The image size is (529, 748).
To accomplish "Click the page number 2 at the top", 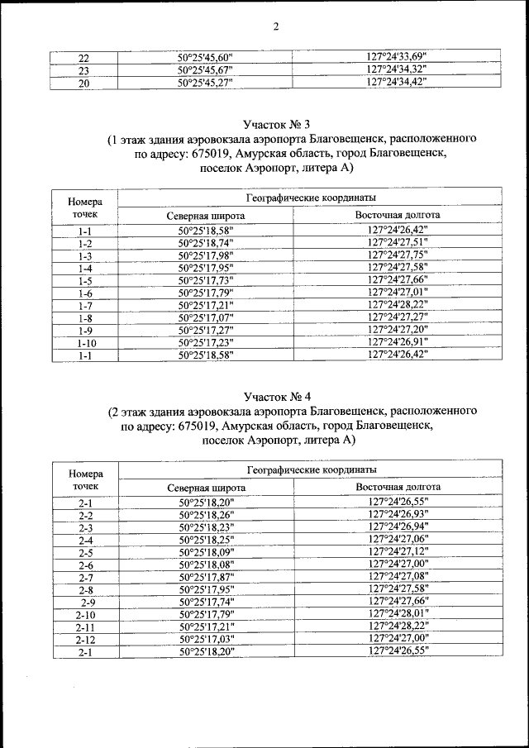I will (276, 26).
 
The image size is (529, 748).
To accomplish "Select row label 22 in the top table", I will (83, 58).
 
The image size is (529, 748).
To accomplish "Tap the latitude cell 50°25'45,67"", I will (206, 70).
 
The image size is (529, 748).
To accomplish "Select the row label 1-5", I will (84, 280).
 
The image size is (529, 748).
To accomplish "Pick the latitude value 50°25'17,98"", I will (207, 255).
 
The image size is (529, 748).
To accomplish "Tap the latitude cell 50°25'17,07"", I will (207, 317).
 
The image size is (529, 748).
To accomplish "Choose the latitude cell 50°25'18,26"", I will (207, 515).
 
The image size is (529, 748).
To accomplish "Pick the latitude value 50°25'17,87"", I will (207, 576).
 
